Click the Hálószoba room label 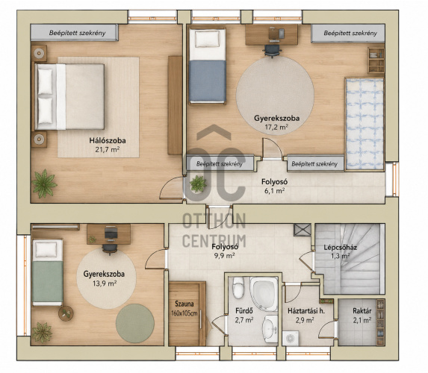108,141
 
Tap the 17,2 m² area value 276,127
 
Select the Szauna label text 184,304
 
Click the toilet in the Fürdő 238,288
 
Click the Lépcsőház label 340,248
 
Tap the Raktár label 362,311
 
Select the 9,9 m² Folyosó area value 225,255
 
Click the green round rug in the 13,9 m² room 135,323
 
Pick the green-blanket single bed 48,272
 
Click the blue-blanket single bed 208,66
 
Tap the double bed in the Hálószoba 68,96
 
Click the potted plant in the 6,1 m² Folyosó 198,184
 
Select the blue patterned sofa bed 365,124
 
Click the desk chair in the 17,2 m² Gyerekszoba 272,51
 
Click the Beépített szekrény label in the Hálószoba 77,33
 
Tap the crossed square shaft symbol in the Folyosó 303,230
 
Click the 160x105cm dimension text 184,313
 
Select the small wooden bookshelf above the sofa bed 376,60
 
